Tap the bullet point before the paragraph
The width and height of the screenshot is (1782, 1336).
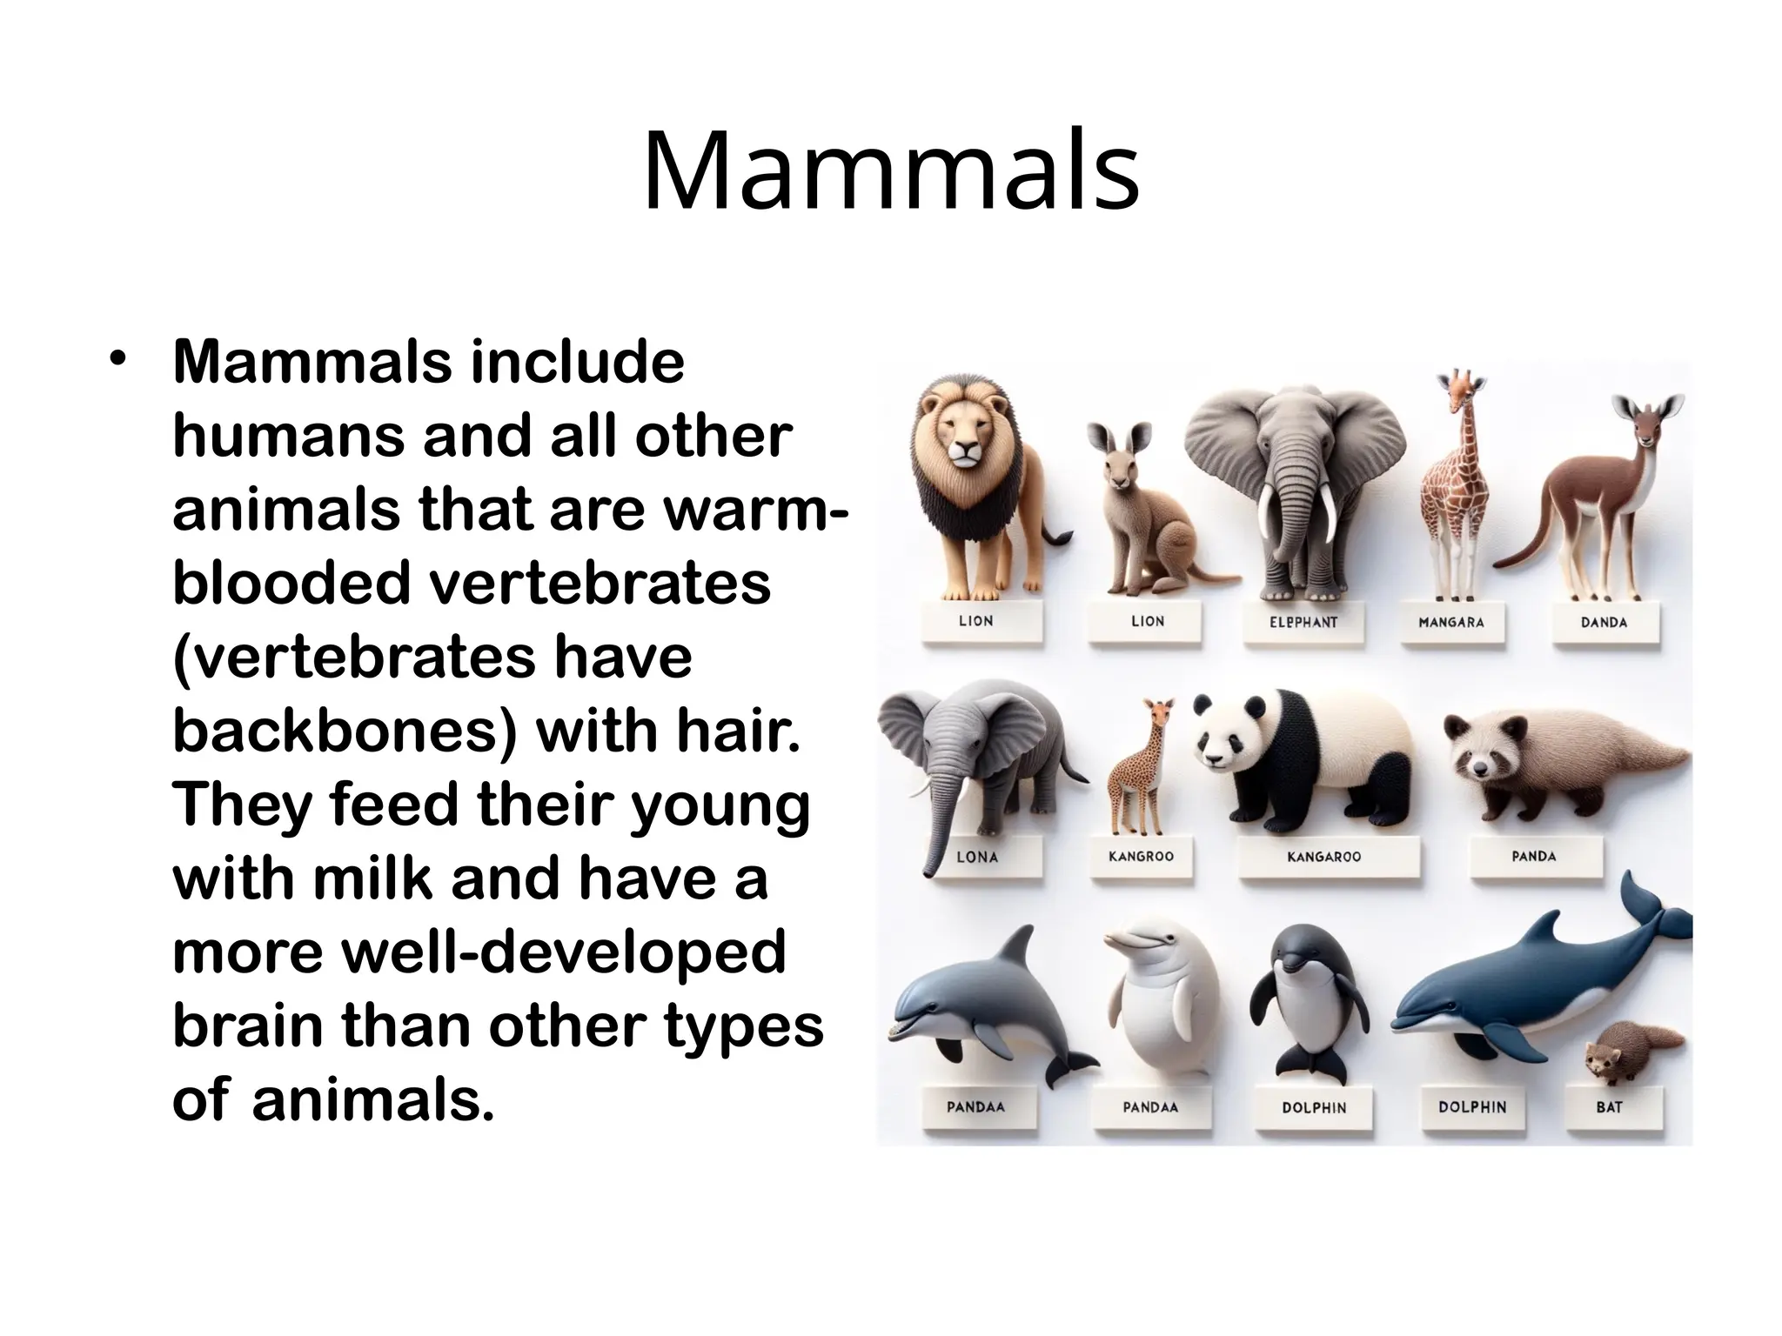pos(119,359)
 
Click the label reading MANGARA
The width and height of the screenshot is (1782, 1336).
pos(1450,622)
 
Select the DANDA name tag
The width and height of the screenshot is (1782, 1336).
pos(1603,622)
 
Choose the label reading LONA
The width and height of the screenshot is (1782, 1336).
pos(976,857)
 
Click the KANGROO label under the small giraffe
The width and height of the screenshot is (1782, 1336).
pos(1141,857)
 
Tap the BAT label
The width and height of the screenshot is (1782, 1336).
pos(1609,1107)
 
